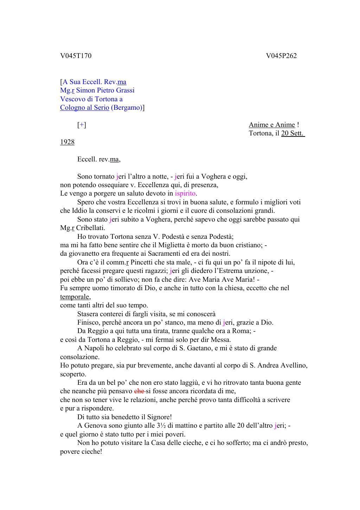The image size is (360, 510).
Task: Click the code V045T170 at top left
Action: coord(76,56)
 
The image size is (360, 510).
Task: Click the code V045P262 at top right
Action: coord(281,56)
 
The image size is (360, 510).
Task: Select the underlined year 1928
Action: coord(67,142)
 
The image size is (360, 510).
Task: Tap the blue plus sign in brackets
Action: coord(82,125)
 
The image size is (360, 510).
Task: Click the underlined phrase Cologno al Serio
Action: coord(84,108)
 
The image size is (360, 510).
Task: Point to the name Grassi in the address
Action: coord(125,90)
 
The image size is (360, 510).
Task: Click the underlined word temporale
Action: coord(75,297)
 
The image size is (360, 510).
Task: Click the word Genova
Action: coord(96,426)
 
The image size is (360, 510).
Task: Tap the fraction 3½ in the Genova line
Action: coord(161,426)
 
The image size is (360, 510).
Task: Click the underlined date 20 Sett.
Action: coord(293,134)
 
